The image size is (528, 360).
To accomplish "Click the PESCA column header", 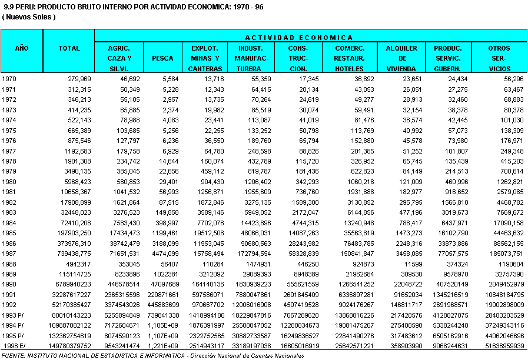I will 162,58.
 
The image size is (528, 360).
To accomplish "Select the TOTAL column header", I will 69,48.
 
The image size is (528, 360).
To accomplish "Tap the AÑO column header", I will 22,48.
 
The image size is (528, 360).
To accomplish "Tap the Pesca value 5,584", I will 167,78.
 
